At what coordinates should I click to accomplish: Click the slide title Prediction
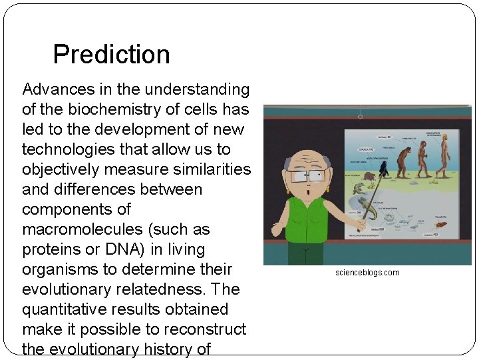tap(111, 54)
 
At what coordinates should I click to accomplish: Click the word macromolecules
tap(83, 229)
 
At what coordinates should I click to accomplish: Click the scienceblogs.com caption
tap(367, 273)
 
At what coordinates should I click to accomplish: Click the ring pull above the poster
tap(360, 117)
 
